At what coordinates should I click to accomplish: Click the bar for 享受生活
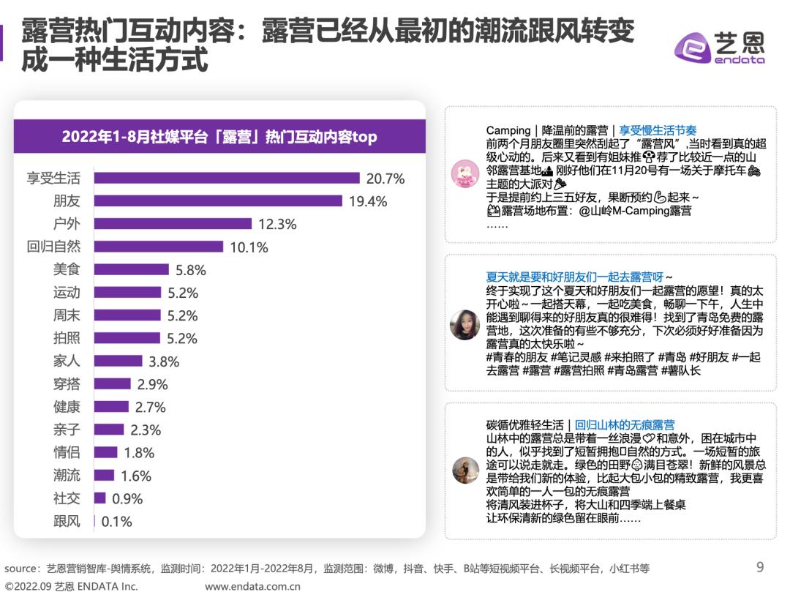coord(227,178)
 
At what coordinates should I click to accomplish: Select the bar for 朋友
coord(219,201)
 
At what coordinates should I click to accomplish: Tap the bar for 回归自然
coord(159,247)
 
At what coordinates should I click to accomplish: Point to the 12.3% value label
coord(277,224)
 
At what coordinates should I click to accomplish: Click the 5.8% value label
coord(190,270)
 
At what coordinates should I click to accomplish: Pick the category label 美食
coord(67,269)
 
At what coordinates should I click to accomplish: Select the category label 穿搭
coord(67,383)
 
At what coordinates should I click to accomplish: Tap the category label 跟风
coord(67,521)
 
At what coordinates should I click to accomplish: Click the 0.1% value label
coord(116,522)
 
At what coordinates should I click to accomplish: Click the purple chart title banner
coord(219,136)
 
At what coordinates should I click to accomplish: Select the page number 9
coord(759,566)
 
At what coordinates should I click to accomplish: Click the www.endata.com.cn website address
coord(252,585)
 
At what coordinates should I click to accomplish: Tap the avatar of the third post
coord(465,470)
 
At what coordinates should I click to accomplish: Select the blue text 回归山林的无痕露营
coord(625,424)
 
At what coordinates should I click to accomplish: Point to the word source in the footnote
coord(20,568)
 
